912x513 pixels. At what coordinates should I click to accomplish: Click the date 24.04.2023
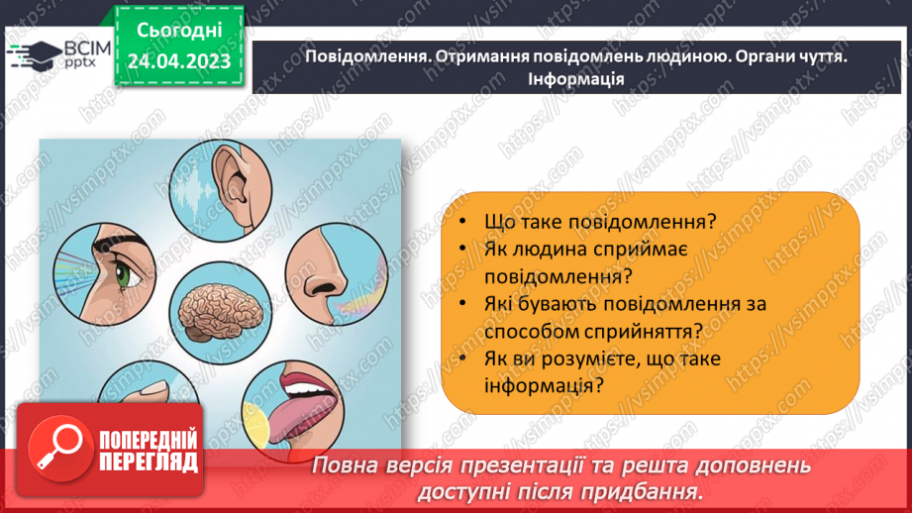coord(178,61)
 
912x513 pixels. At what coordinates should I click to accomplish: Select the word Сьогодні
coord(178,32)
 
